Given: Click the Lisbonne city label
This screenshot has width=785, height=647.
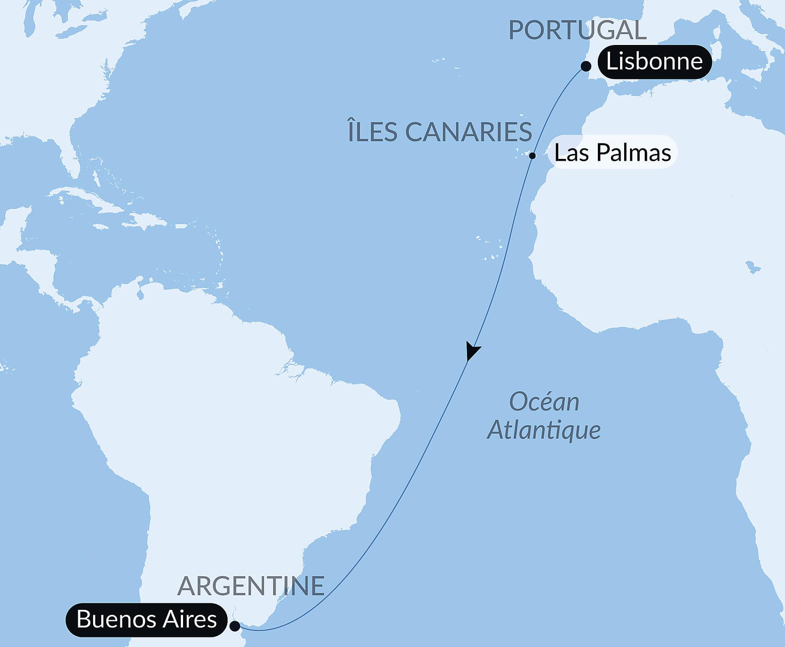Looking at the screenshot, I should pyautogui.click(x=654, y=62).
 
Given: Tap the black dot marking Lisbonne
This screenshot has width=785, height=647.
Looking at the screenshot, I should pyautogui.click(x=586, y=66).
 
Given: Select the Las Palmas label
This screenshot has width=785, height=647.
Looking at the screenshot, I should pyautogui.click(x=612, y=153).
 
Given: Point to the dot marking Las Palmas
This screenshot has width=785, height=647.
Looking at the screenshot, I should pyautogui.click(x=532, y=156).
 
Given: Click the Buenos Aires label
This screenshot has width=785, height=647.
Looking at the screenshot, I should pyautogui.click(x=146, y=619).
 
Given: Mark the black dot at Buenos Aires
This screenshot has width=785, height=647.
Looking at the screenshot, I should pyautogui.click(x=235, y=626).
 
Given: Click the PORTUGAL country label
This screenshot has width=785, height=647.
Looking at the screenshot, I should pyautogui.click(x=577, y=30).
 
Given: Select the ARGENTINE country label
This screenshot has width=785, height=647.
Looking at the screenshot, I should pyautogui.click(x=251, y=586).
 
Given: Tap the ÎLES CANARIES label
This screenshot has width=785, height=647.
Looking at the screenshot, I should pyautogui.click(x=440, y=132).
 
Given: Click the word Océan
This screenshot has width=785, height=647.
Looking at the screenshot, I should pyautogui.click(x=544, y=402).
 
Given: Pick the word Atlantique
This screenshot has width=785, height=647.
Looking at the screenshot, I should pyautogui.click(x=544, y=430).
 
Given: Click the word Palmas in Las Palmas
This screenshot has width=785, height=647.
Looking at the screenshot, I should pyautogui.click(x=634, y=153).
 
